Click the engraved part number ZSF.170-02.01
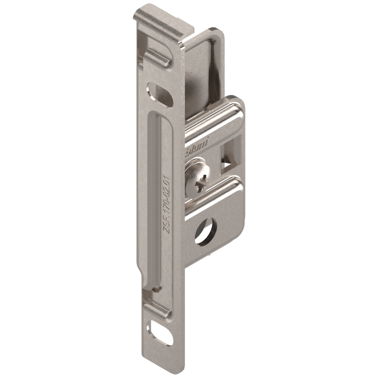click(166, 205)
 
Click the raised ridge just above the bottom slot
click(157, 310)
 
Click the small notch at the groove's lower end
click(155, 288)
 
